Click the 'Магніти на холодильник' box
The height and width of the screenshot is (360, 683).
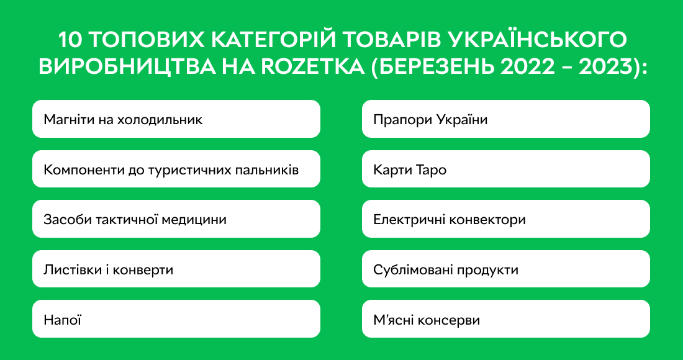(x=176, y=119)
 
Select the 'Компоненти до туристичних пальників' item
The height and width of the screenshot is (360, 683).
(x=176, y=169)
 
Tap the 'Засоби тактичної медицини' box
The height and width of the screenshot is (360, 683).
(x=176, y=219)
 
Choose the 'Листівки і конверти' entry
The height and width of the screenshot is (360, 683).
(x=176, y=269)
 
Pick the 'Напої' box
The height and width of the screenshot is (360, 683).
(x=176, y=320)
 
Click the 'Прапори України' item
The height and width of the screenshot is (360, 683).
(x=505, y=119)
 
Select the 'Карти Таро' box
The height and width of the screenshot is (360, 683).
(x=505, y=169)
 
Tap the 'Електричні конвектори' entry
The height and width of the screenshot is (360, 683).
(x=505, y=219)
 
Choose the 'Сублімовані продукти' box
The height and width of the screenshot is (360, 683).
(x=505, y=269)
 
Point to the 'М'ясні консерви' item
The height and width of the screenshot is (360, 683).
(x=505, y=320)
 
